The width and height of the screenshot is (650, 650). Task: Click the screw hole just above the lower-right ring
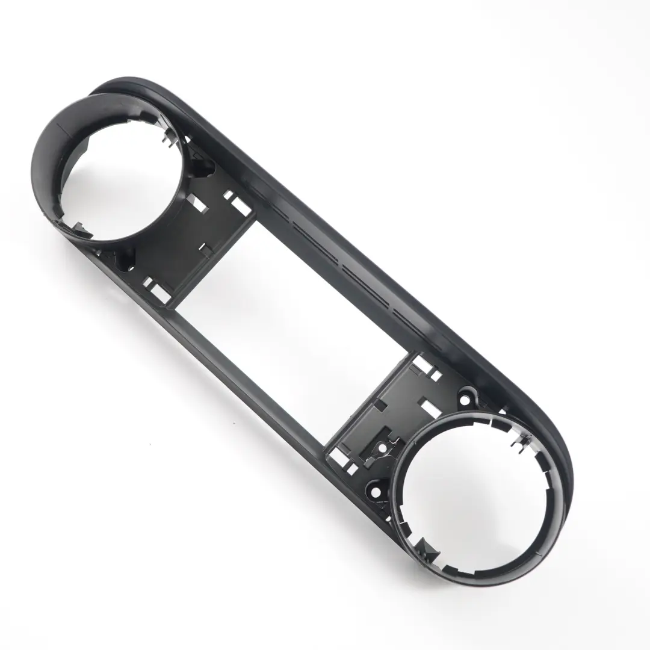click(465, 398)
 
